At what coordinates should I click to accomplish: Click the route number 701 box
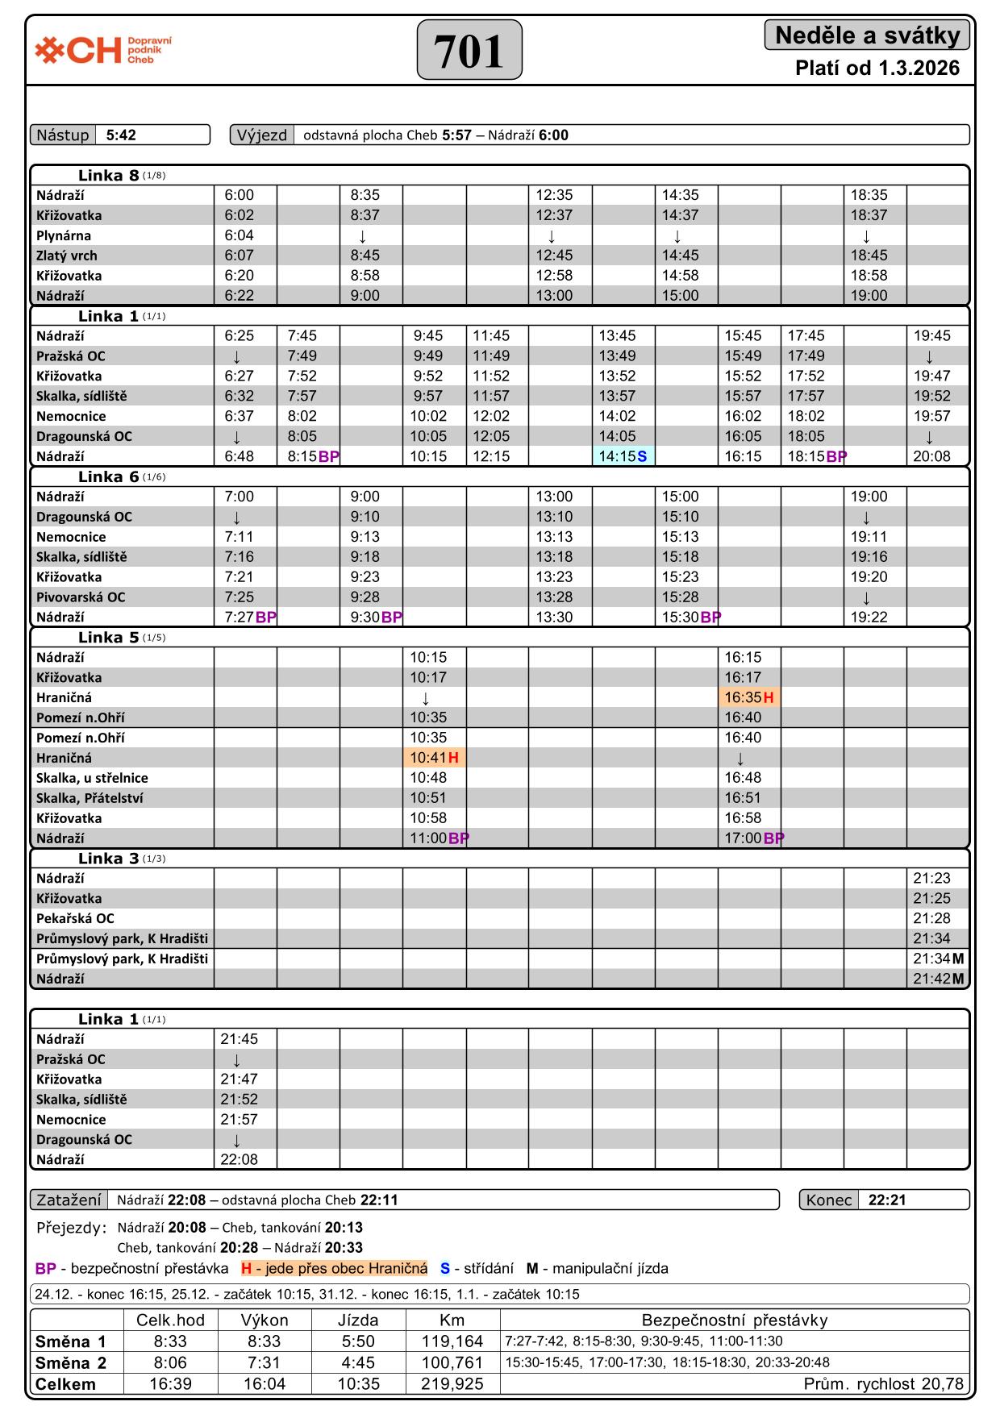click(469, 50)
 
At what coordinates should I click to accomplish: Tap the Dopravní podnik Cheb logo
click(103, 50)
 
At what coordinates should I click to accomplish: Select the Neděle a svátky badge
click(867, 35)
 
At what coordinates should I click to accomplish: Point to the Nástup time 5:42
click(121, 135)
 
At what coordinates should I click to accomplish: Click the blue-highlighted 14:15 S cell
click(623, 456)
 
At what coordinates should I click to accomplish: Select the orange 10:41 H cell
click(434, 758)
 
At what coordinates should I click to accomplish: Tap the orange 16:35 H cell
click(748, 697)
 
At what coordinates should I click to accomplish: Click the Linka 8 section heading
click(109, 176)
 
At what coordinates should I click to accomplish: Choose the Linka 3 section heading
click(109, 859)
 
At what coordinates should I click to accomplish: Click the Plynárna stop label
click(64, 235)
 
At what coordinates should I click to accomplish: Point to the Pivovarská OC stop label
click(81, 597)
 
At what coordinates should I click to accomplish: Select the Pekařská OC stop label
click(75, 918)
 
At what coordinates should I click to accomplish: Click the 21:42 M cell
click(938, 979)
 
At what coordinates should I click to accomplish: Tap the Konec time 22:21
click(887, 1200)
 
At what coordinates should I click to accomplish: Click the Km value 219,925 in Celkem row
click(452, 1384)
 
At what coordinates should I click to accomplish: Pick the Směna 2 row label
click(71, 1363)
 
